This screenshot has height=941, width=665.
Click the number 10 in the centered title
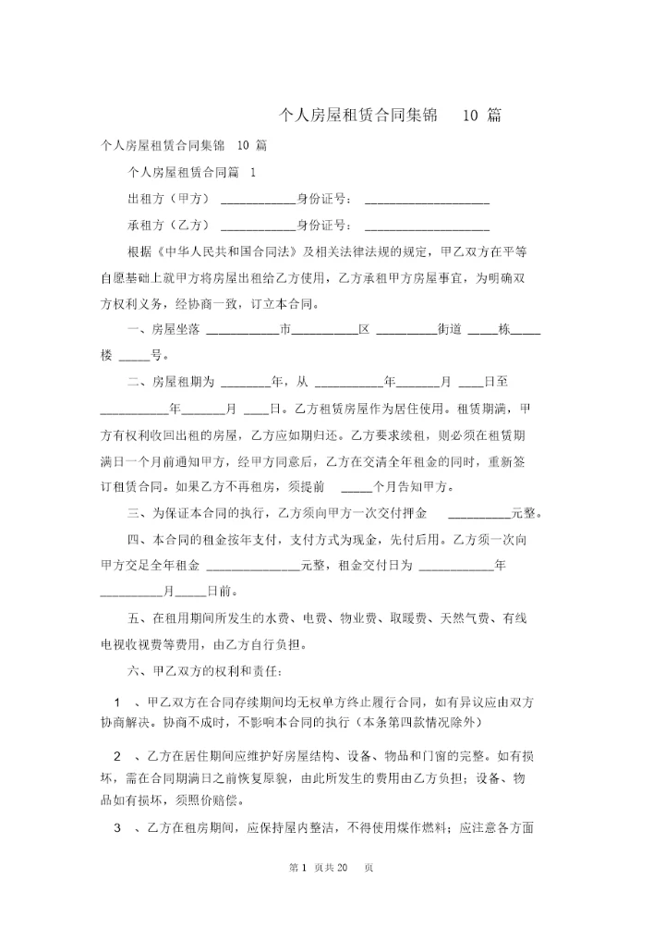(469, 116)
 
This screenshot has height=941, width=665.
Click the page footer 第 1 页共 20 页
(331, 868)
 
